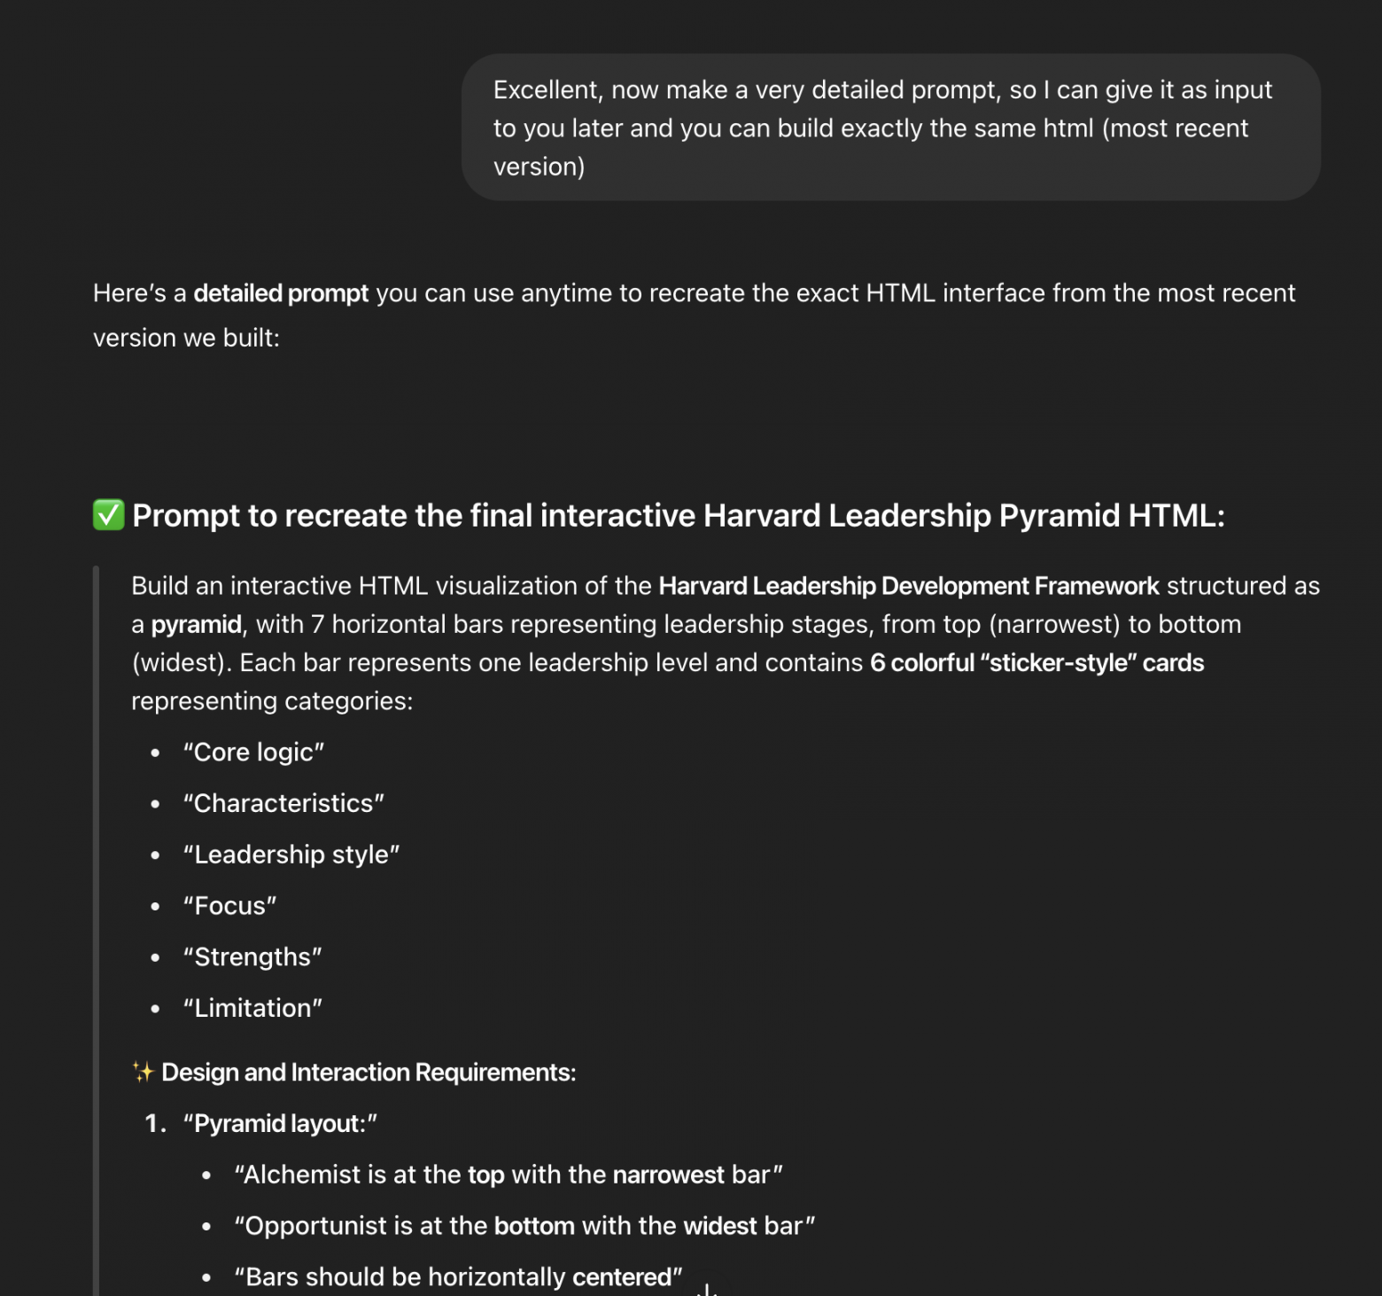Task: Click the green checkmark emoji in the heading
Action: point(108,515)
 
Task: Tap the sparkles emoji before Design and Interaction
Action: point(143,1072)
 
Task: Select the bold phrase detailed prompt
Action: point(281,293)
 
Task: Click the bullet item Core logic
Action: point(253,753)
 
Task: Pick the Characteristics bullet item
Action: point(283,803)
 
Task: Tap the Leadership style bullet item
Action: point(291,855)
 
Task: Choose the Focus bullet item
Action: point(229,906)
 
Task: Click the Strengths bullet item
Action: point(252,957)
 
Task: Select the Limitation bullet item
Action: point(252,1009)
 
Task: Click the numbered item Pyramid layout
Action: point(280,1124)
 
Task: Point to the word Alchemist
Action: point(303,1175)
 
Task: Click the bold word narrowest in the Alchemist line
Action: point(668,1175)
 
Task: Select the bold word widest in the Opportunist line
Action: point(719,1226)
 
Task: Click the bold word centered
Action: point(622,1277)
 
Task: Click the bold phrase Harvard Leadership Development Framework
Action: point(909,586)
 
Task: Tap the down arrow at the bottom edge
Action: point(707,1289)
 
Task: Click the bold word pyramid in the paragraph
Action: point(196,625)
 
